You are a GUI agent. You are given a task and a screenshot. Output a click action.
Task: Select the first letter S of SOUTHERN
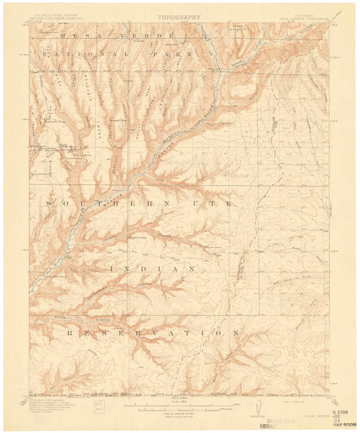click(x=49, y=204)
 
